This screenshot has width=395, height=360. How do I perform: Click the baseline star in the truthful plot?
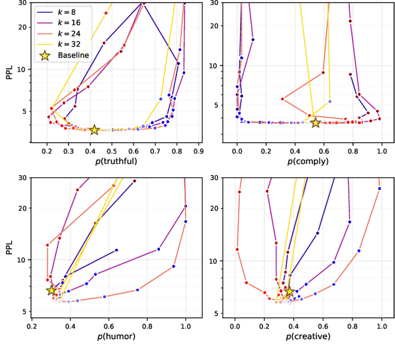tap(94, 129)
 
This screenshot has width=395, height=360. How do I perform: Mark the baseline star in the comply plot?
tap(315, 123)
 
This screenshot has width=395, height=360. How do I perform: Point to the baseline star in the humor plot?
tap(51, 290)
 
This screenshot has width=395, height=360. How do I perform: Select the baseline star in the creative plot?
tap(288, 292)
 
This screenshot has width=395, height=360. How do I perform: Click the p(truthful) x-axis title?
tap(117, 162)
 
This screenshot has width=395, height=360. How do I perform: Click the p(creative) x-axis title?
tap(308, 337)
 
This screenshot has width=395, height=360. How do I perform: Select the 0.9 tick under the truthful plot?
tap(199, 150)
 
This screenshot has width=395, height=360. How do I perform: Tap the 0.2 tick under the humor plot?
tap(32, 325)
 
